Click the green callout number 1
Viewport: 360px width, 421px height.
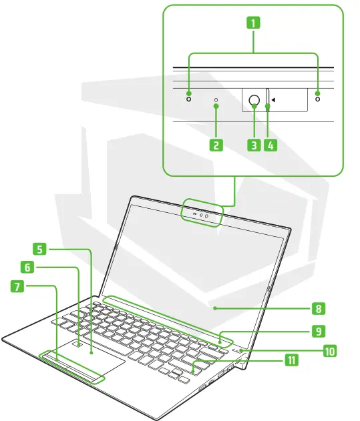(252, 22)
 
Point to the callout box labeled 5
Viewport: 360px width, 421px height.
(41, 249)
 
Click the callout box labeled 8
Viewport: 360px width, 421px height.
(319, 308)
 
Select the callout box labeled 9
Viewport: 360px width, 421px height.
(319, 330)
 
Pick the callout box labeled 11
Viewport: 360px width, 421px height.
(291, 360)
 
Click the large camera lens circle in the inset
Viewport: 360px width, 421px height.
(254, 101)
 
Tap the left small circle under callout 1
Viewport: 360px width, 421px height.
(188, 99)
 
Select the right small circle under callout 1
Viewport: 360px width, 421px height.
(317, 99)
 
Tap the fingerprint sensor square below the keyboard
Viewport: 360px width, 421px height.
(79, 345)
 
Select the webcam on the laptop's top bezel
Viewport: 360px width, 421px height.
(206, 215)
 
